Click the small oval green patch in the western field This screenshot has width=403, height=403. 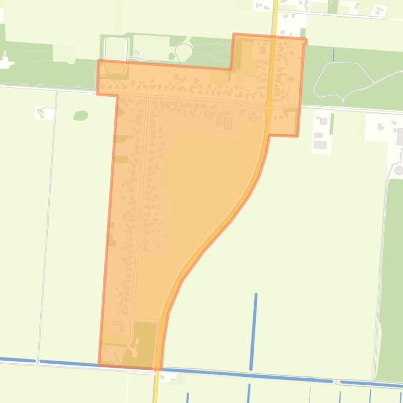pyautogui.click(x=80, y=115)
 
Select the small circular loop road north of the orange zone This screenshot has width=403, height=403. pyautogui.click(x=183, y=52)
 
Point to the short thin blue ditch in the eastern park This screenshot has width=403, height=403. pyautogui.click(x=333, y=54)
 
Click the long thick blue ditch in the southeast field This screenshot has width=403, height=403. pyautogui.click(x=254, y=324)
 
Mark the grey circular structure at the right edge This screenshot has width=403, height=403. pyautogui.click(x=399, y=171)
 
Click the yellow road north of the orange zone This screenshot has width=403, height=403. pyautogui.click(x=275, y=16)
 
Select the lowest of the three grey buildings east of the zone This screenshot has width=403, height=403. pyautogui.click(x=320, y=144)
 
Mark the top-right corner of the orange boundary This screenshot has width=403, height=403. pyautogui.click(x=305, y=39)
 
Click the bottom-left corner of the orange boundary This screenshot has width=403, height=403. pyautogui.click(x=99, y=364)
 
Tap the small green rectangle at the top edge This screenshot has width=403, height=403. pyautogui.click(x=333, y=6)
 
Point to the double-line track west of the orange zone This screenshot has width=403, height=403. pyautogui.click(x=47, y=225)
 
